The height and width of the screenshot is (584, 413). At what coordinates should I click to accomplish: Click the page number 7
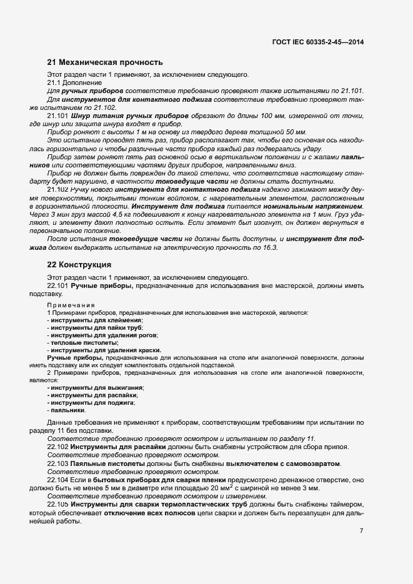click(361, 532)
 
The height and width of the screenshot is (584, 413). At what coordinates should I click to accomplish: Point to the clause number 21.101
click(58, 116)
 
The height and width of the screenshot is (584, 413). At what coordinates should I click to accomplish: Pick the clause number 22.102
click(58, 447)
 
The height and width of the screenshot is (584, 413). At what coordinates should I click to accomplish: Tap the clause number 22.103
click(58, 464)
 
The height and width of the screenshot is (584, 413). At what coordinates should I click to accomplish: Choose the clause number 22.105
click(58, 504)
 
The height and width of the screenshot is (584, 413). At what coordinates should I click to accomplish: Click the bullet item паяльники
click(67, 410)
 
